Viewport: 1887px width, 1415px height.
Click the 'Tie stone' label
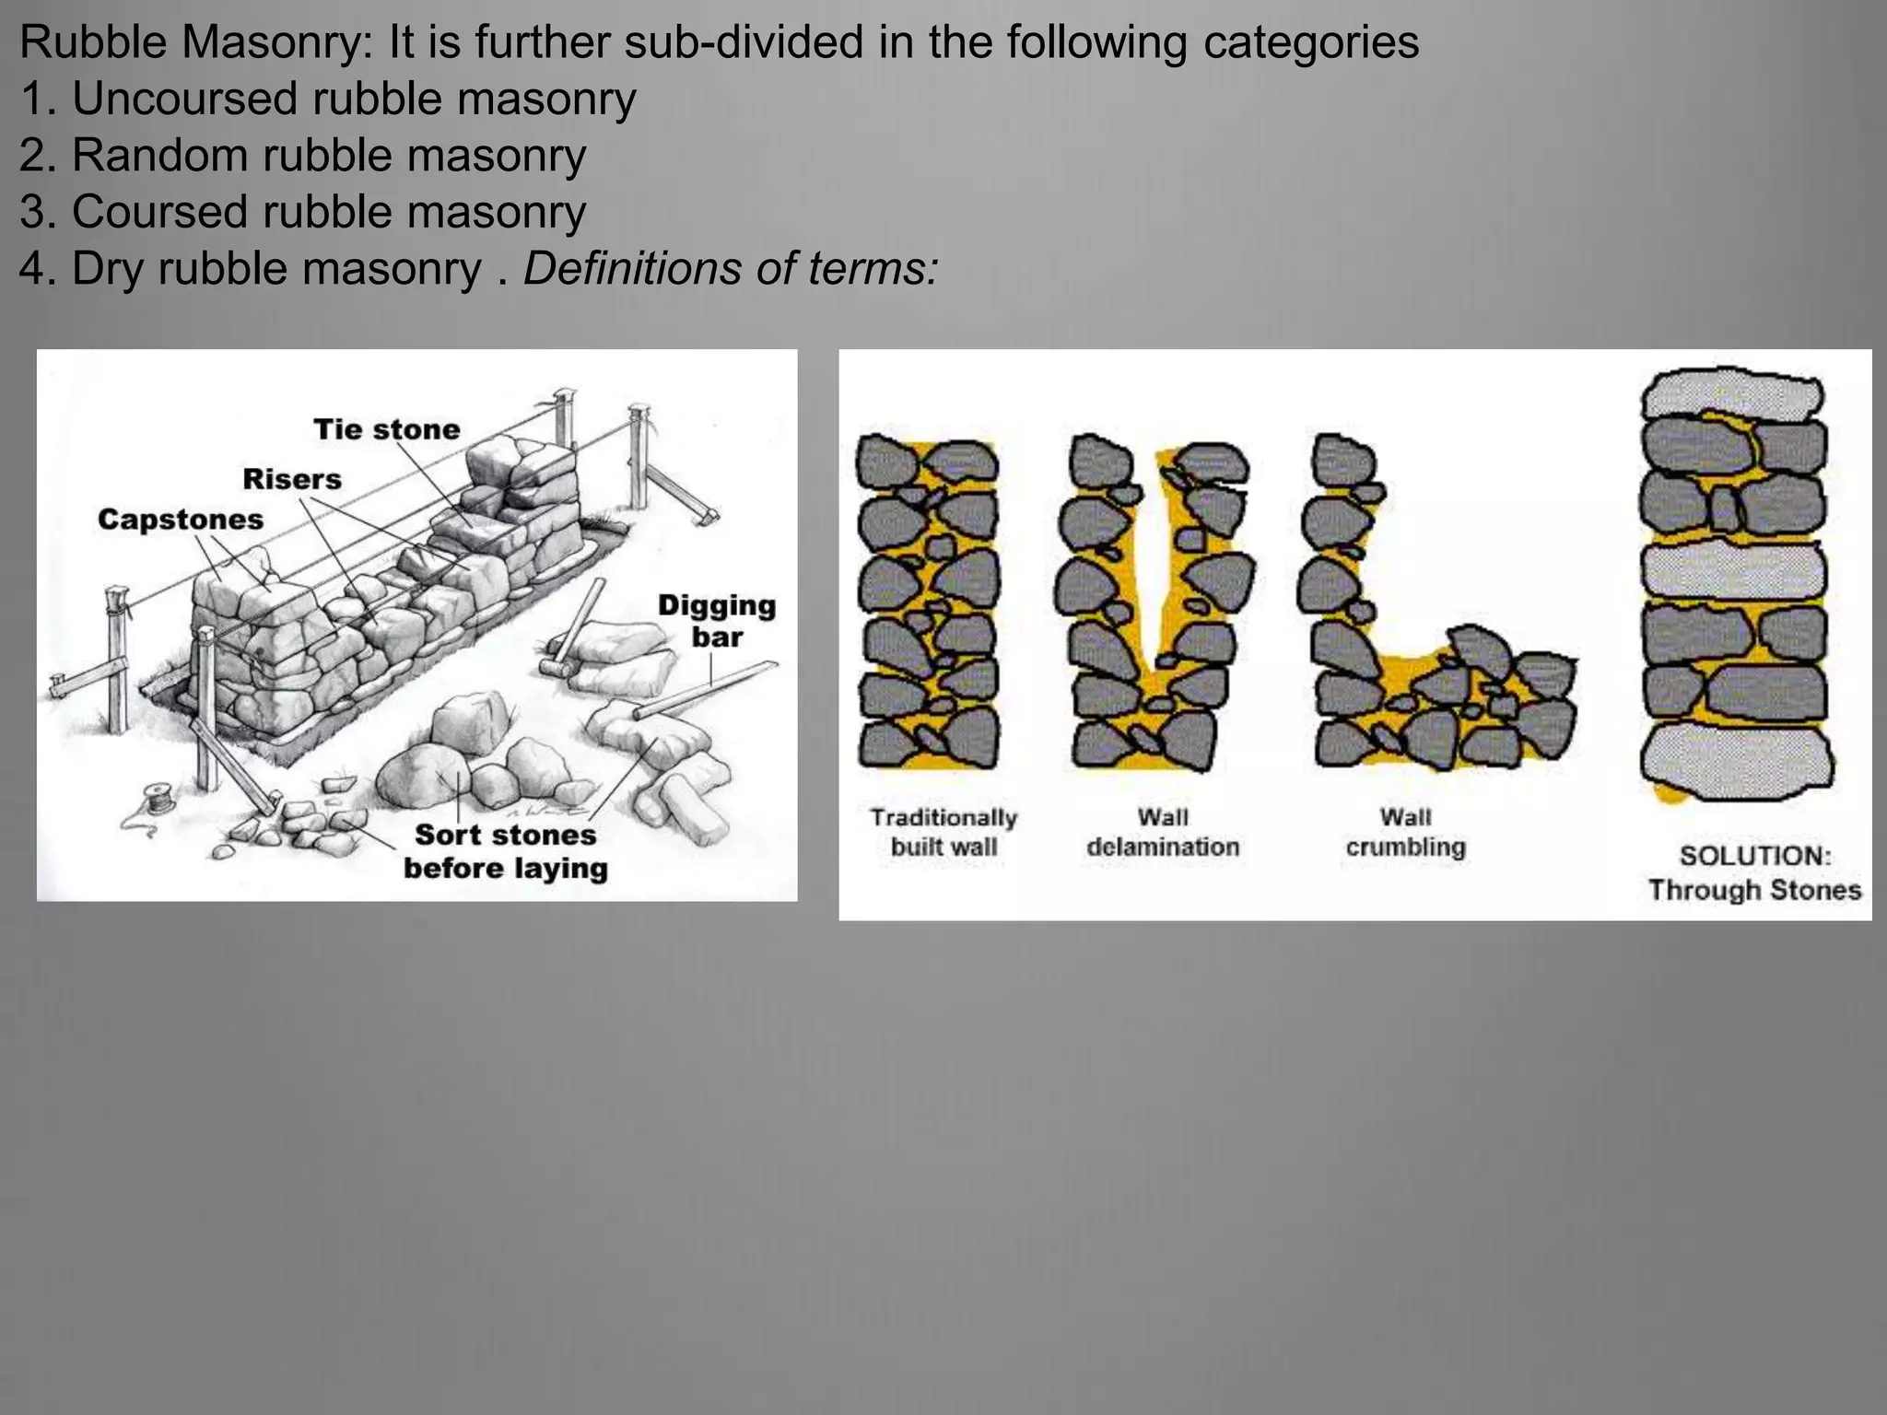(x=386, y=429)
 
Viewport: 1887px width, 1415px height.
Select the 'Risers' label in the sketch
(x=291, y=479)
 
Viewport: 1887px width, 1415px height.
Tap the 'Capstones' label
(x=181, y=520)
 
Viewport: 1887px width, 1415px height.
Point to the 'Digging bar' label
(x=717, y=621)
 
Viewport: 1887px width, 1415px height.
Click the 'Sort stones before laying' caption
(x=505, y=851)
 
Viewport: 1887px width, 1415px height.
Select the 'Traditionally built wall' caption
(x=943, y=832)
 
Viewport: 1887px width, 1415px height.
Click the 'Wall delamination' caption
(x=1163, y=832)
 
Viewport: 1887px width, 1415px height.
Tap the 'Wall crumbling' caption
(x=1405, y=832)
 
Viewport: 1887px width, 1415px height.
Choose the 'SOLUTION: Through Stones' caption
(x=1754, y=872)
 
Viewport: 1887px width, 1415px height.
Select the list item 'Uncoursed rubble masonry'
(x=354, y=99)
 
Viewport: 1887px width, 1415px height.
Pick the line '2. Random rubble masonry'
(x=302, y=155)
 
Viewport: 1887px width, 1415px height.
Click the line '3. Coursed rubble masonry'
(x=302, y=212)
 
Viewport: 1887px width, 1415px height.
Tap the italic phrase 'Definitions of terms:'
(x=731, y=269)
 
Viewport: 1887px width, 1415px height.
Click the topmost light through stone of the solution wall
(x=1732, y=393)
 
